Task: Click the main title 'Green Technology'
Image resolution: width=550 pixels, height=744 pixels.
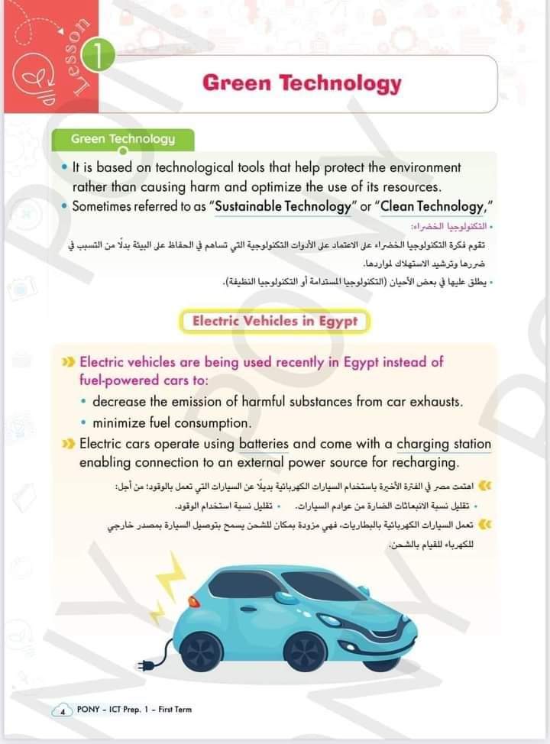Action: click(x=302, y=83)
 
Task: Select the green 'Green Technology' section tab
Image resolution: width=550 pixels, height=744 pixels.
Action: click(x=123, y=139)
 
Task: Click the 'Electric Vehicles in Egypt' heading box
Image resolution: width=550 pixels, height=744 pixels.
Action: click(x=274, y=322)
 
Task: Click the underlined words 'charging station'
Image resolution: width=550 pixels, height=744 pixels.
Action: click(x=444, y=444)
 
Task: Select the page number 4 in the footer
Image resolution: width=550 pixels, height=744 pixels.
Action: click(x=61, y=710)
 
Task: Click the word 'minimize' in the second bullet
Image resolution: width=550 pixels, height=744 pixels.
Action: click(x=119, y=422)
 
